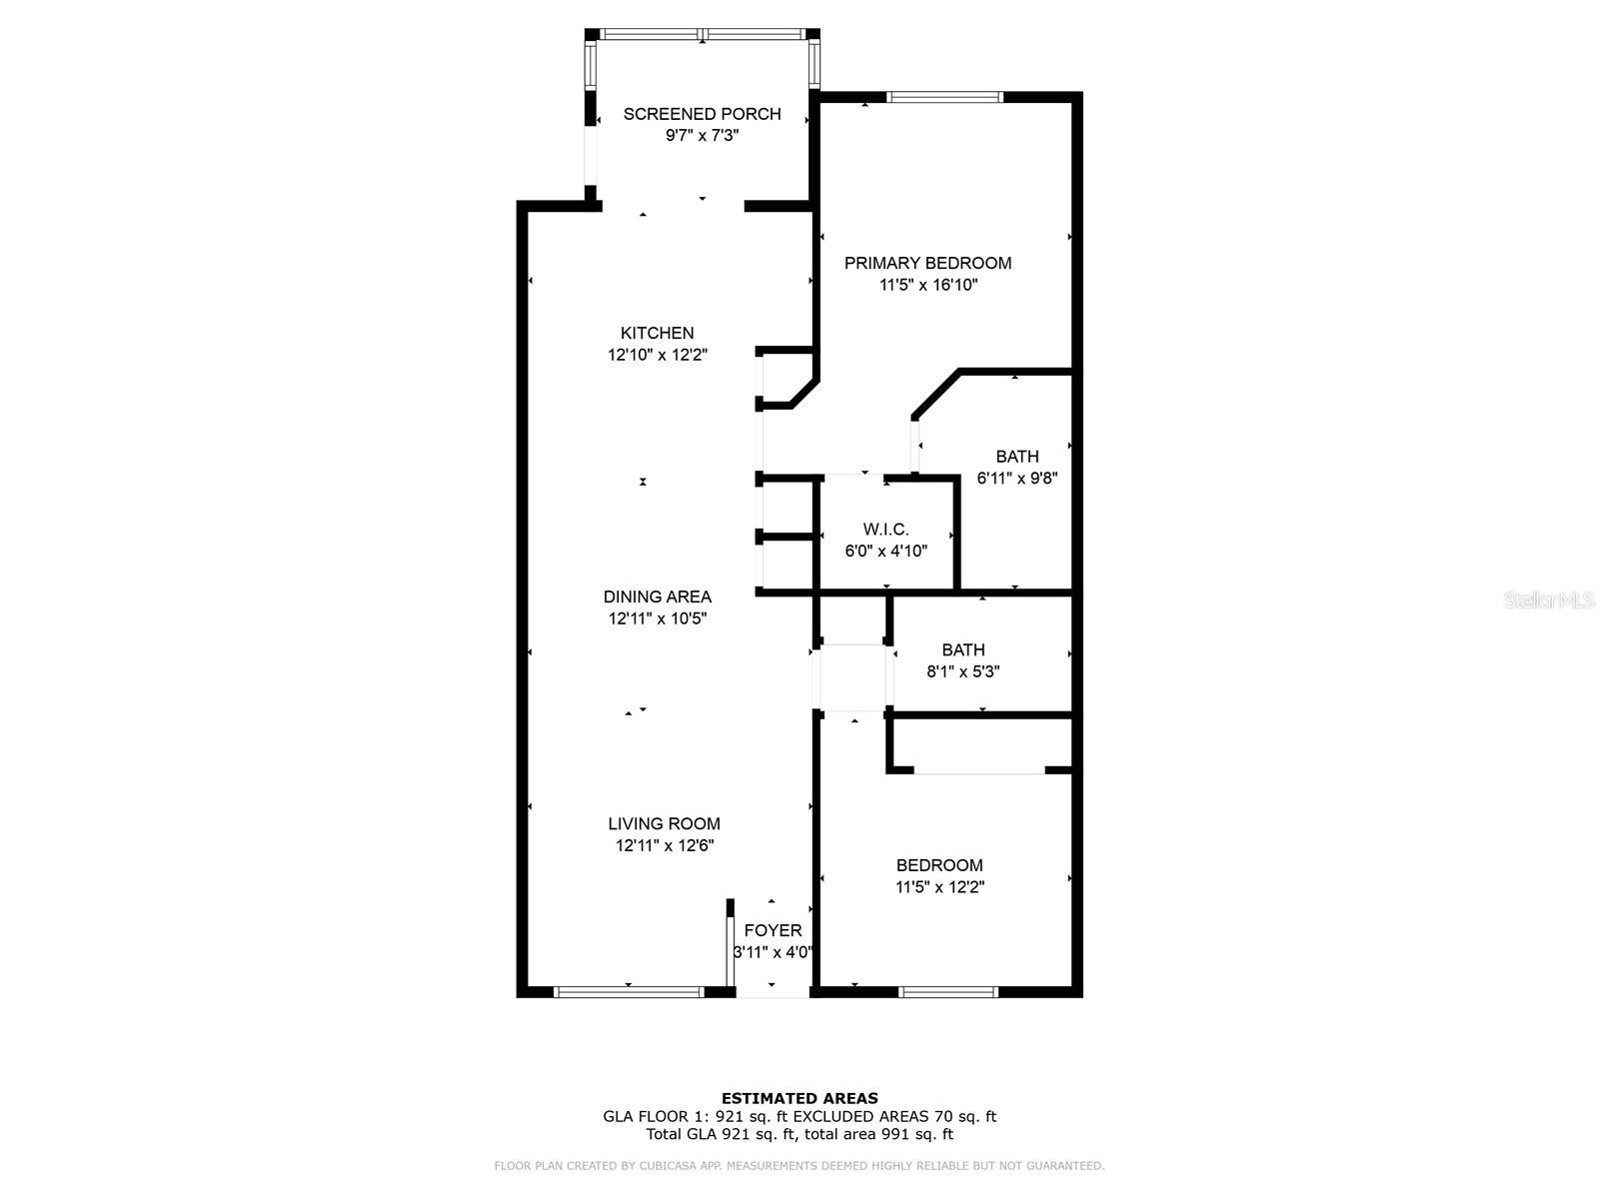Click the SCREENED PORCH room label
702,114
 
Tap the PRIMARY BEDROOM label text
927,263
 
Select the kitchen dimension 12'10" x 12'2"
657,355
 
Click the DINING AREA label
657,597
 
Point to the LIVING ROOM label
664,824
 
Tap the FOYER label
773,930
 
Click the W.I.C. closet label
885,530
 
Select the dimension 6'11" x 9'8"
1016,479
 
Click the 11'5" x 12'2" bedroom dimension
939,887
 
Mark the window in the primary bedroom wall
944,97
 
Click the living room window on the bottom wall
629,992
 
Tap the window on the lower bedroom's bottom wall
947,992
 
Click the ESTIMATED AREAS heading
799,1098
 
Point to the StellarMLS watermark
1548,600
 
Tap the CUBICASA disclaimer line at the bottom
799,1166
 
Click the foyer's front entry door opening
773,994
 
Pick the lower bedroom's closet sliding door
979,771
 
